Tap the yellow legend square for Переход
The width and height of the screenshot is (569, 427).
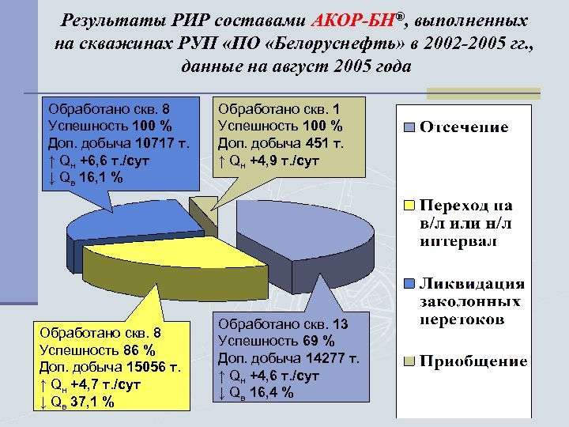(409, 205)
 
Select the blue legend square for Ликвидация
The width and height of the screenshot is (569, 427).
(409, 283)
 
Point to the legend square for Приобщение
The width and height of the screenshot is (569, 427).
(409, 361)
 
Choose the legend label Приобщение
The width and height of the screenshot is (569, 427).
(473, 361)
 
